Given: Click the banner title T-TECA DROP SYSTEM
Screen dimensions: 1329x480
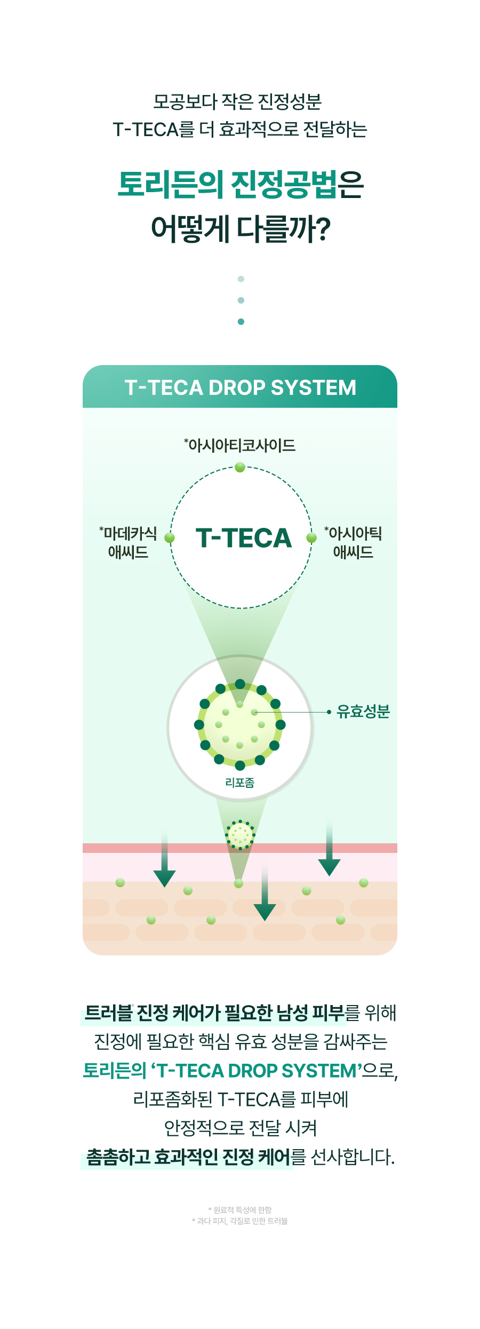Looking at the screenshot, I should (x=240, y=387).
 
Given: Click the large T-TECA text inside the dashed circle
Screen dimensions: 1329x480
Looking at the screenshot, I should (x=244, y=538).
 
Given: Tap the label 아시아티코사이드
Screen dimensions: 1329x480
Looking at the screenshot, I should (x=240, y=445).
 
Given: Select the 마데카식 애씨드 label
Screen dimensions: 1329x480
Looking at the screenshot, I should (x=129, y=542).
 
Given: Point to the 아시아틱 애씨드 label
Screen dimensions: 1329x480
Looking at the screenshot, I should (x=353, y=542).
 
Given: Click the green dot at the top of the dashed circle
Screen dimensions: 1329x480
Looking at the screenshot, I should (x=240, y=468).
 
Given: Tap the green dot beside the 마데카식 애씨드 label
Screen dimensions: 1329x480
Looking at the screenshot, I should (x=170, y=537).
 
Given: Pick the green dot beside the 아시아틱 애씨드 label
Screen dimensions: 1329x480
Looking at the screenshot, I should (x=311, y=537).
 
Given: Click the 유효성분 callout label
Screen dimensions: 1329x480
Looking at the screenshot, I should (x=363, y=711).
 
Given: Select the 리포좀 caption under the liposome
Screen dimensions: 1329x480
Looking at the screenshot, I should (x=240, y=782).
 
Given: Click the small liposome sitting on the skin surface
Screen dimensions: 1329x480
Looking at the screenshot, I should (x=240, y=834).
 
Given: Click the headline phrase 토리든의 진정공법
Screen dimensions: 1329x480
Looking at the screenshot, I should (x=227, y=185).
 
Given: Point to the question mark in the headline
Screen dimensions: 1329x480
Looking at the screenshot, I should (x=322, y=229).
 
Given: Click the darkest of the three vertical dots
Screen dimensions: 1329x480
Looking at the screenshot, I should (x=241, y=322).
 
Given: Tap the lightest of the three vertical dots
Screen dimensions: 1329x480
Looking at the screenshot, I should (x=241, y=279).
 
